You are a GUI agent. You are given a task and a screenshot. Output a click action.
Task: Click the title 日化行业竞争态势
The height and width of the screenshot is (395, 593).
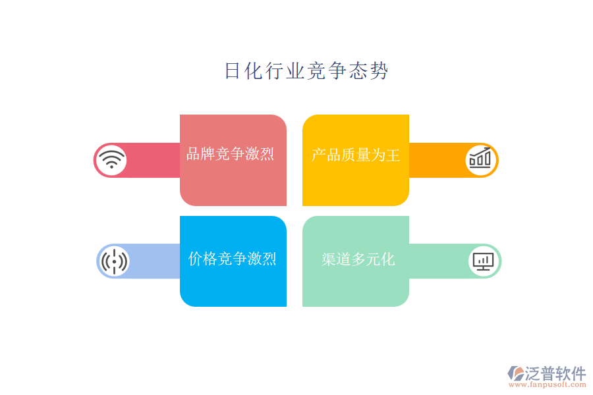click(x=306, y=70)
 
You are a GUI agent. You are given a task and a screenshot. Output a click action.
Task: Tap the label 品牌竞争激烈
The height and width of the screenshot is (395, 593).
click(x=231, y=154)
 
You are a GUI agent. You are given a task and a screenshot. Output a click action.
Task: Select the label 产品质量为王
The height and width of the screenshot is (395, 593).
click(x=356, y=155)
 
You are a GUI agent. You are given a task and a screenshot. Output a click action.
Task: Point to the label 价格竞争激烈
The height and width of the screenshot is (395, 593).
click(x=232, y=259)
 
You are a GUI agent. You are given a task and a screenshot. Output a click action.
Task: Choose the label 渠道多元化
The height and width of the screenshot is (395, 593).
click(x=358, y=259)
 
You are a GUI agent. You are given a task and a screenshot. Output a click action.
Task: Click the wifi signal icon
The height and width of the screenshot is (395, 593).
click(x=111, y=160)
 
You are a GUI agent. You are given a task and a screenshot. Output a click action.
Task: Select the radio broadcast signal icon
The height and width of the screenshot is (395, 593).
click(x=114, y=261)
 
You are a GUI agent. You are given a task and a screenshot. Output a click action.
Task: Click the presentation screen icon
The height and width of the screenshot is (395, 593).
click(x=484, y=261)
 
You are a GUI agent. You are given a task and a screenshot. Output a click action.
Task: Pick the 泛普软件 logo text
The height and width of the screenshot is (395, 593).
click(x=555, y=373)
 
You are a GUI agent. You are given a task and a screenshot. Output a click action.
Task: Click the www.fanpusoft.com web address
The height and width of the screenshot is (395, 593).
click(x=548, y=384)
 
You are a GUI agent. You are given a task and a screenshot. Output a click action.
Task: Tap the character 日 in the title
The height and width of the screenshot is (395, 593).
click(x=233, y=71)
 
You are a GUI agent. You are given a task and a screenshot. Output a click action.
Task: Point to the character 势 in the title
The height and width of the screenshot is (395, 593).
click(x=380, y=71)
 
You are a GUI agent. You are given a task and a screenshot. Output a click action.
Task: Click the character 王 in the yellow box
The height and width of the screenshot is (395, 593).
click(x=393, y=155)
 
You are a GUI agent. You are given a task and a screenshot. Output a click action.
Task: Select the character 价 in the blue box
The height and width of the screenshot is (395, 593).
click(x=195, y=259)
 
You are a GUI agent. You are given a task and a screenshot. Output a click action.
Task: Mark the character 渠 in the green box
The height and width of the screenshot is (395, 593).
click(x=329, y=259)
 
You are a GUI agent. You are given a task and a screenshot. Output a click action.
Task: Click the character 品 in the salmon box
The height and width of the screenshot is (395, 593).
click(x=194, y=154)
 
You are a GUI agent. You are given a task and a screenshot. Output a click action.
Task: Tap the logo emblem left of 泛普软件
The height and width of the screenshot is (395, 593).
click(x=515, y=373)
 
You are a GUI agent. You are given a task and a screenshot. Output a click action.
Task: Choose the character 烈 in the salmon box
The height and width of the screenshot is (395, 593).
click(x=268, y=154)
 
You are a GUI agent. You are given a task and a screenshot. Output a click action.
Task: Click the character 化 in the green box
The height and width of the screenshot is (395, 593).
click(x=388, y=259)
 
